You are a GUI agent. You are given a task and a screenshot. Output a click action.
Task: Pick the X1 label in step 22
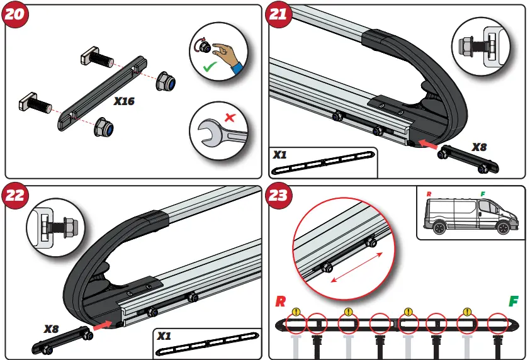[164, 336]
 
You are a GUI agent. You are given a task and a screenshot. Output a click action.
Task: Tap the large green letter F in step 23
[514, 301]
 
